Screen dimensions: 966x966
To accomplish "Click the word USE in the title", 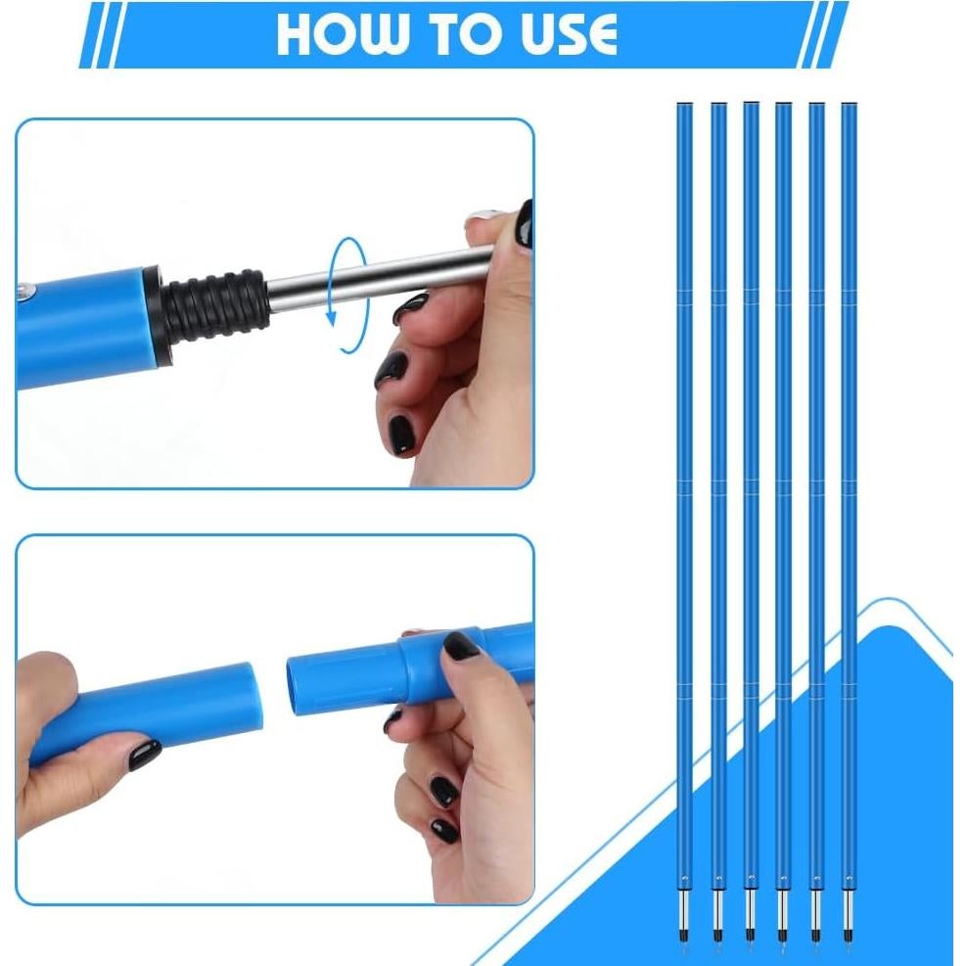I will (x=561, y=34).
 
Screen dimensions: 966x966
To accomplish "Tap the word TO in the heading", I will (x=458, y=34).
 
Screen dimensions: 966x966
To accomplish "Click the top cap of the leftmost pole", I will (x=684, y=105).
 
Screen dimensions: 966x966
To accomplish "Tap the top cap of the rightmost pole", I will (x=848, y=105).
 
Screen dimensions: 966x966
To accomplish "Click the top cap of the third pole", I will (x=750, y=105).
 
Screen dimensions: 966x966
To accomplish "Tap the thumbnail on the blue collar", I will (x=461, y=644).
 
